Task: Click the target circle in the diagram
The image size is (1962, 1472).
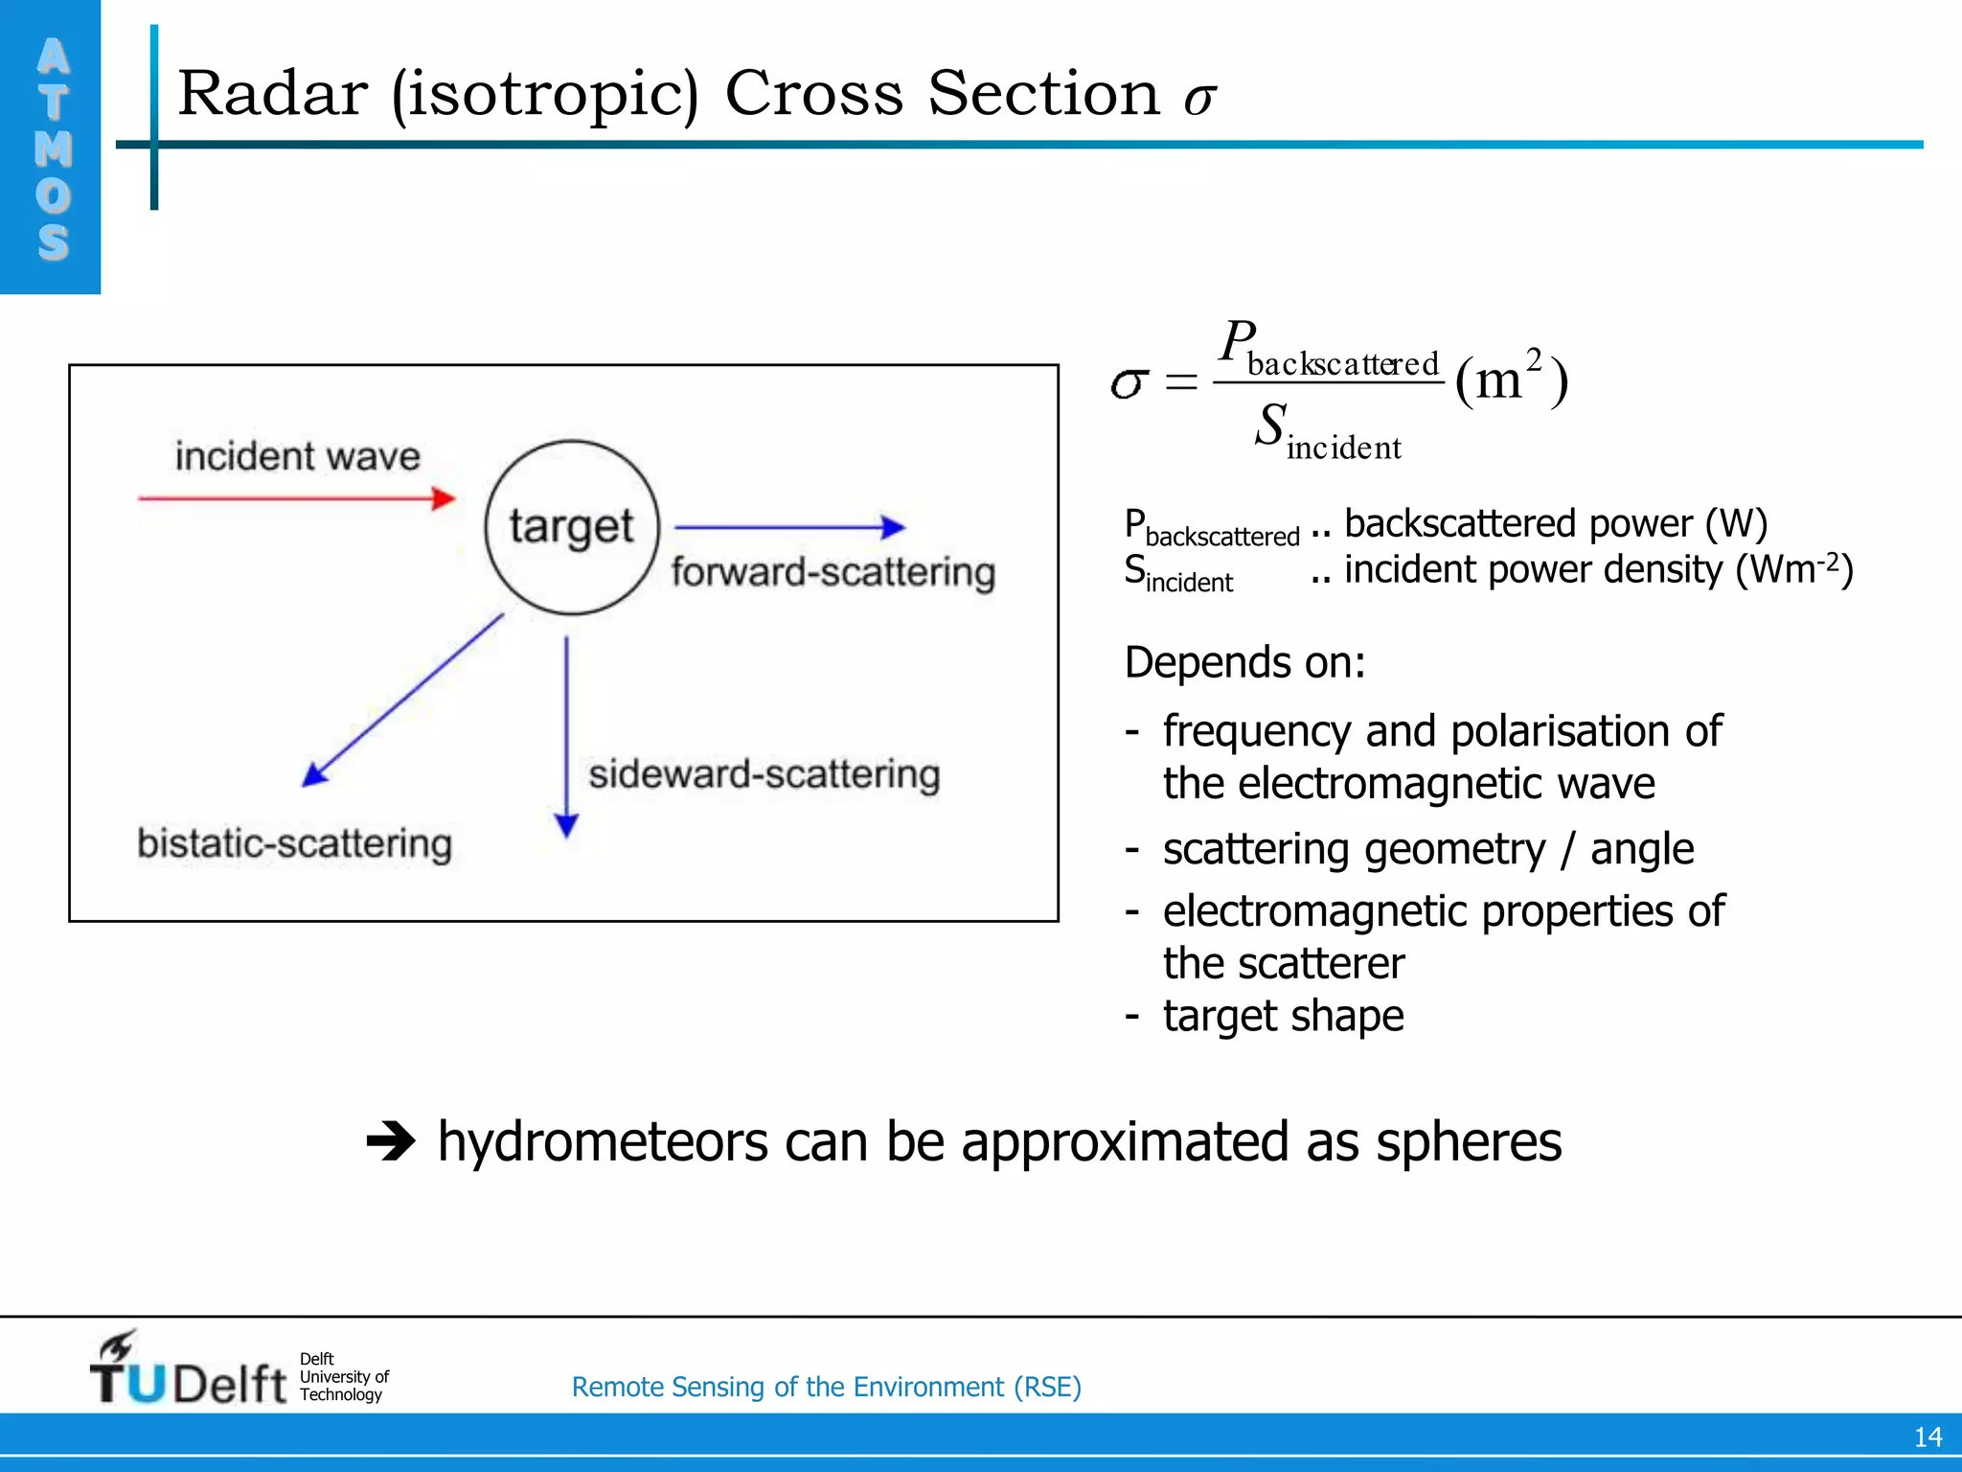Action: pyautogui.click(x=572, y=527)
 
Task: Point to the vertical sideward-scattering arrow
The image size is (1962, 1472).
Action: pyautogui.click(x=566, y=733)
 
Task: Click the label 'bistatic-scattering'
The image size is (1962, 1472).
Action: pyautogui.click(x=294, y=844)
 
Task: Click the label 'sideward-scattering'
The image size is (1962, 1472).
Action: pyautogui.click(x=764, y=774)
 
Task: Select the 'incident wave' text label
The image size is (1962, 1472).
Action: pyautogui.click(x=297, y=456)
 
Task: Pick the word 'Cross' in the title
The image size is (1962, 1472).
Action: pyautogui.click(x=813, y=94)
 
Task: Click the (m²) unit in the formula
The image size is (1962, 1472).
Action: pyautogui.click(x=1511, y=378)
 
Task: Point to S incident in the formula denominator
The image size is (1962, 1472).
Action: pyautogui.click(x=1327, y=431)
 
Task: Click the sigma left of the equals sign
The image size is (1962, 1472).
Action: pyautogui.click(x=1129, y=383)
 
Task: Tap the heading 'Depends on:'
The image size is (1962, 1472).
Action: pyautogui.click(x=1244, y=662)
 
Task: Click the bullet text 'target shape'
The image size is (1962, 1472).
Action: pyautogui.click(x=1283, y=1016)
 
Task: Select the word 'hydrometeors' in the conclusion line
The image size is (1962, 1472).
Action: pyautogui.click(x=603, y=1141)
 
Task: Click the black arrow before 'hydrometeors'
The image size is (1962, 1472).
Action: pyautogui.click(x=391, y=1141)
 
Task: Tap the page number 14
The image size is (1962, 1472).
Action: pyautogui.click(x=1928, y=1437)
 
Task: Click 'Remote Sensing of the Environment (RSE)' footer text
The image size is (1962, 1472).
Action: pyautogui.click(x=826, y=1387)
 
